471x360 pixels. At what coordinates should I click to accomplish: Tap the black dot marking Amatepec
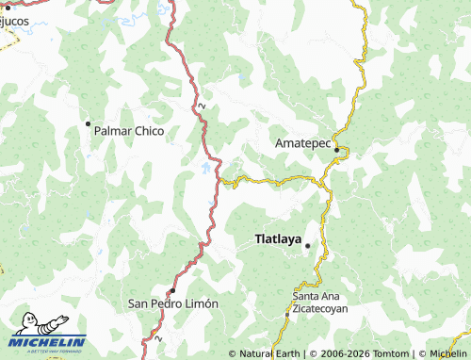[x=336, y=149]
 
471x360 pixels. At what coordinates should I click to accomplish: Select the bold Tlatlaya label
[x=278, y=239]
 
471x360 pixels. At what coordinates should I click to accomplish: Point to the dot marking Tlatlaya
[x=307, y=245]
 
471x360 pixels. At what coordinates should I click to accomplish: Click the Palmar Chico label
[x=129, y=131]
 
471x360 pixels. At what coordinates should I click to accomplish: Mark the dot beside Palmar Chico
[x=89, y=123]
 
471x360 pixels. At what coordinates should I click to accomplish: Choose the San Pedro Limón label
[x=173, y=304]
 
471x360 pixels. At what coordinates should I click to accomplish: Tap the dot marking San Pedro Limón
[x=171, y=290]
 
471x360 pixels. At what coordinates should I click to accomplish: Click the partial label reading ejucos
[x=14, y=20]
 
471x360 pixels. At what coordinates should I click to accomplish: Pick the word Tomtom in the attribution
[x=387, y=353]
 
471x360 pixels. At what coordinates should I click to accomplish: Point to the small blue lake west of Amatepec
[x=206, y=170]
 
